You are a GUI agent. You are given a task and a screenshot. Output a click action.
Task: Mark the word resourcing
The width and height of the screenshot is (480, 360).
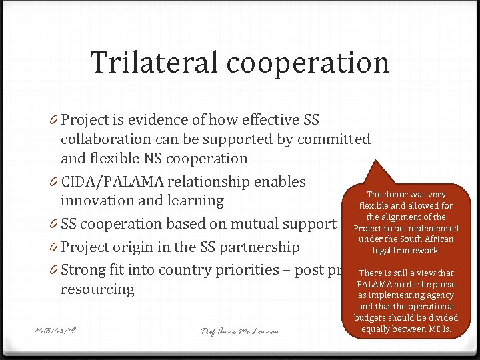tap(97, 289)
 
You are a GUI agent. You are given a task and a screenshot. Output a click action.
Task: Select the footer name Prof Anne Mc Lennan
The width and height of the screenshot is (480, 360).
tap(240, 331)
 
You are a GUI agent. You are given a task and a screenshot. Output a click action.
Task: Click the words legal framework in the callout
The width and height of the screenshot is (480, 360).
tap(406, 251)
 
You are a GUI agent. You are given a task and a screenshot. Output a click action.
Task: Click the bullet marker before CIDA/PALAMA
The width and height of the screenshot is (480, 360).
tap(53, 182)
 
